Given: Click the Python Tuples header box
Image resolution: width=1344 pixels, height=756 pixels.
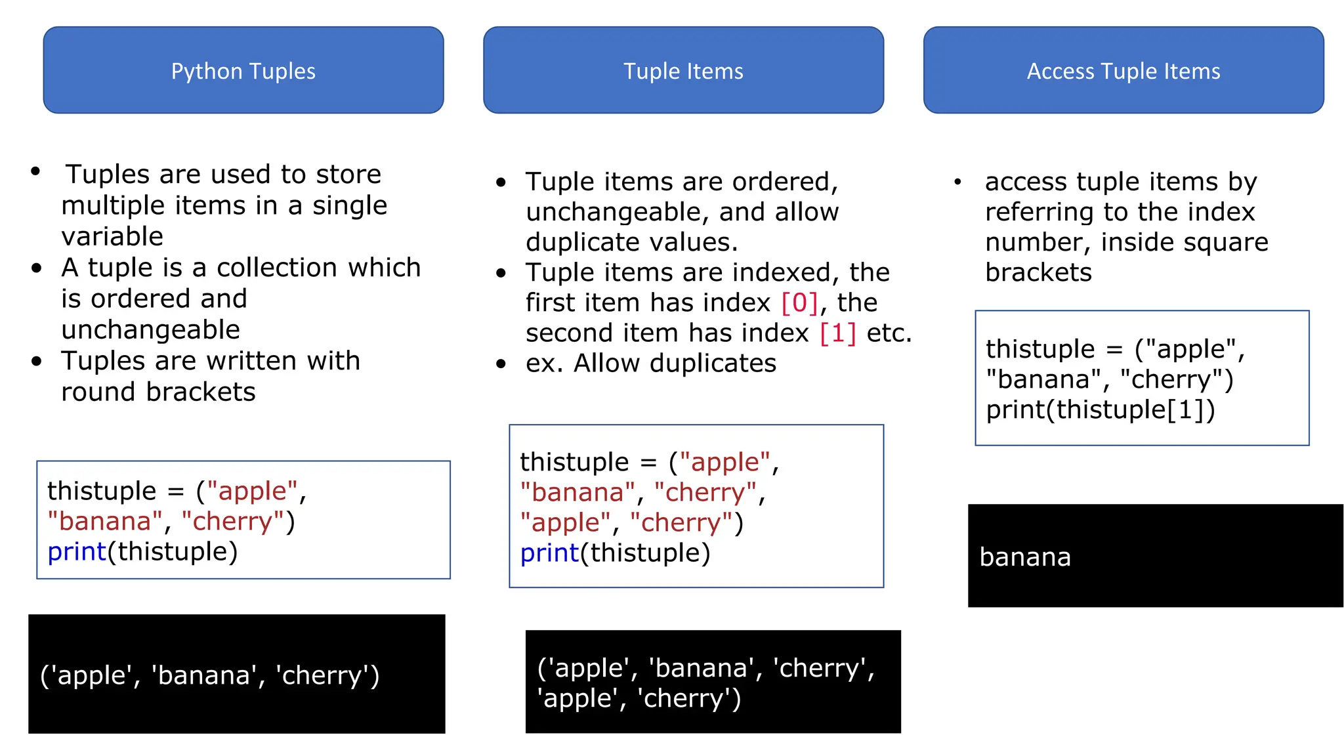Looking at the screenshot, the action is point(243,70).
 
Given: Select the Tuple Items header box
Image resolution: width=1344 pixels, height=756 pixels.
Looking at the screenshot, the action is point(683,70).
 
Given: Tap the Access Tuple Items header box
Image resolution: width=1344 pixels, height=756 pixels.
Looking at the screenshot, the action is point(1123,70).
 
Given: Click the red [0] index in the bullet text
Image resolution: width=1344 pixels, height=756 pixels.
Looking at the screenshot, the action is point(799,303).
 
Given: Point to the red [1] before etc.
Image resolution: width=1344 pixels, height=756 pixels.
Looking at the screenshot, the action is point(838,333).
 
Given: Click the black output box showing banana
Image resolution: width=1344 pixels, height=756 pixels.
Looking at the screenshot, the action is point(1155,555).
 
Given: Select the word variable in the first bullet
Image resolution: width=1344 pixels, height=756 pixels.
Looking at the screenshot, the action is point(112,236).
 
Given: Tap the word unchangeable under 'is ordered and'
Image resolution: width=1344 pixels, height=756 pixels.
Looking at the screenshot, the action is point(151,329).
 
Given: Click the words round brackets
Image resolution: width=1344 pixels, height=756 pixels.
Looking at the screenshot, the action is point(158,392).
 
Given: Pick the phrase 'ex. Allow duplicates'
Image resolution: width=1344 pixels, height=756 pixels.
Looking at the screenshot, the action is point(650,363).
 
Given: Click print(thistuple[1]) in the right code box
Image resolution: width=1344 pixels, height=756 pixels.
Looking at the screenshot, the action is point(1101,409).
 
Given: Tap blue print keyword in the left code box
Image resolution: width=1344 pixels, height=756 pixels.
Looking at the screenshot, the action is point(77,551).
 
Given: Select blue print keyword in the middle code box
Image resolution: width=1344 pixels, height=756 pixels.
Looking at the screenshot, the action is point(549,553).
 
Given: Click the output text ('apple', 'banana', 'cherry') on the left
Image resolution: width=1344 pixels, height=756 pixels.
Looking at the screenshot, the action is point(210,675).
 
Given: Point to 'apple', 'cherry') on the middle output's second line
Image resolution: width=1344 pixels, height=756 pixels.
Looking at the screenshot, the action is point(639,698).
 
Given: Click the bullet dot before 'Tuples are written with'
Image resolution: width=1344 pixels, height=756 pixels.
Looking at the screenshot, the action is point(37,361).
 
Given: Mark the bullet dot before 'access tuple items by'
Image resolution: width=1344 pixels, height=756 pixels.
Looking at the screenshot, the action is point(957,182).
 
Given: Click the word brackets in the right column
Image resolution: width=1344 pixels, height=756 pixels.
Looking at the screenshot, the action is point(1038,272).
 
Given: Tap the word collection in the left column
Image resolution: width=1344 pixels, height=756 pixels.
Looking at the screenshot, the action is point(277,268).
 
